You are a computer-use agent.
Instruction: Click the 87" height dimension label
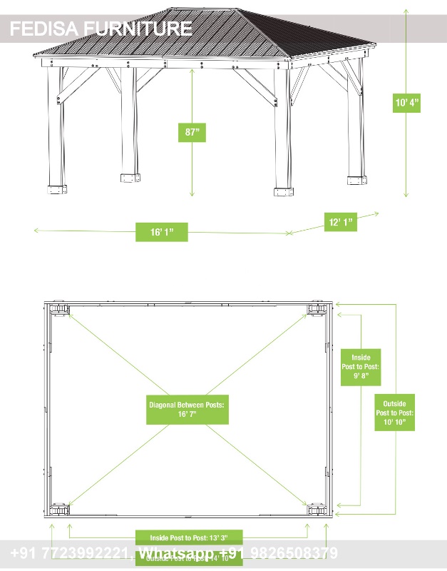tap(191, 132)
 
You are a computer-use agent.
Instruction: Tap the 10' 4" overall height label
tap(407, 103)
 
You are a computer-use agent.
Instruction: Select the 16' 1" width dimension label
tap(162, 232)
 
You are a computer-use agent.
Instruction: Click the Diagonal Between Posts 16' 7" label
tap(187, 409)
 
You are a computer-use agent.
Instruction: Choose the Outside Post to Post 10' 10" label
tap(394, 413)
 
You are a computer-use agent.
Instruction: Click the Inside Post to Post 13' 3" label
tap(189, 537)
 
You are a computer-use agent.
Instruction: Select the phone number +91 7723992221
tap(69, 554)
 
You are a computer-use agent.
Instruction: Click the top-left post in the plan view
tap(58, 309)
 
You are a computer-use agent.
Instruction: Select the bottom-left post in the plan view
tap(58, 510)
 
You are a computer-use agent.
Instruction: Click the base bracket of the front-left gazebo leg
tap(57, 189)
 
